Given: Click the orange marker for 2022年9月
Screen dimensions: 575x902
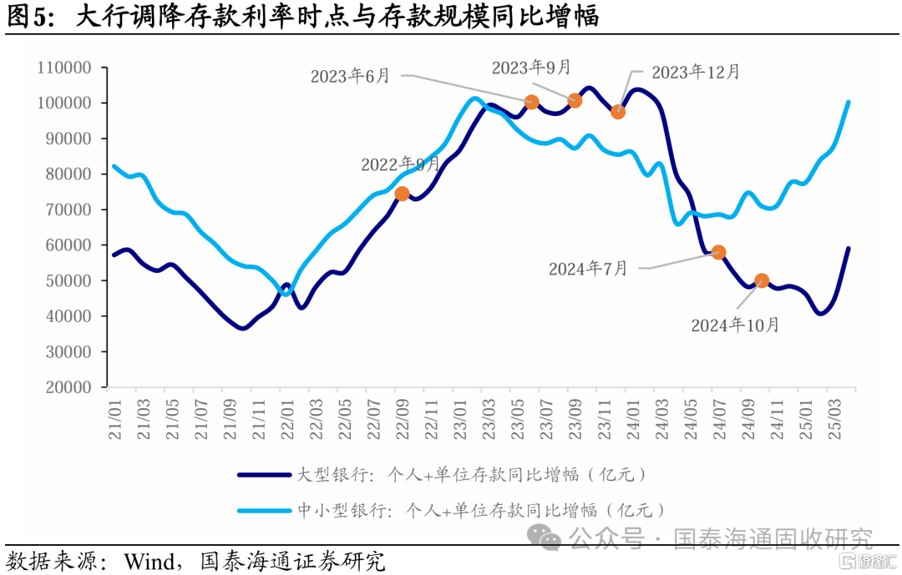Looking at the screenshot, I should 402,194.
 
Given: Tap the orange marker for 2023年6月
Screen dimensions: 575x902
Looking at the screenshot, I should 532,103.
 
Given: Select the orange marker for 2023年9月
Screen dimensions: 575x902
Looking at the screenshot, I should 575,101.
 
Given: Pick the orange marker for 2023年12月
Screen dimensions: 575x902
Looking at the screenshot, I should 618,112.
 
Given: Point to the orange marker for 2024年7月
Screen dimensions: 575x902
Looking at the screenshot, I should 718,252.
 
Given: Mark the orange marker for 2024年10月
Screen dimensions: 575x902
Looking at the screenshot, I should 762,280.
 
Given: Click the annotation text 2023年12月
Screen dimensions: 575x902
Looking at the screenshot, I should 695,72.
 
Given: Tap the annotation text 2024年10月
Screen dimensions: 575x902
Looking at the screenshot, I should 735,325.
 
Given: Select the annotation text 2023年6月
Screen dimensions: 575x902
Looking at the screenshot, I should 351,76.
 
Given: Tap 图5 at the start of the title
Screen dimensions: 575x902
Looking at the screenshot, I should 25,16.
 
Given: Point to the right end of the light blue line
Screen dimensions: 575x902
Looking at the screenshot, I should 849,103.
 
